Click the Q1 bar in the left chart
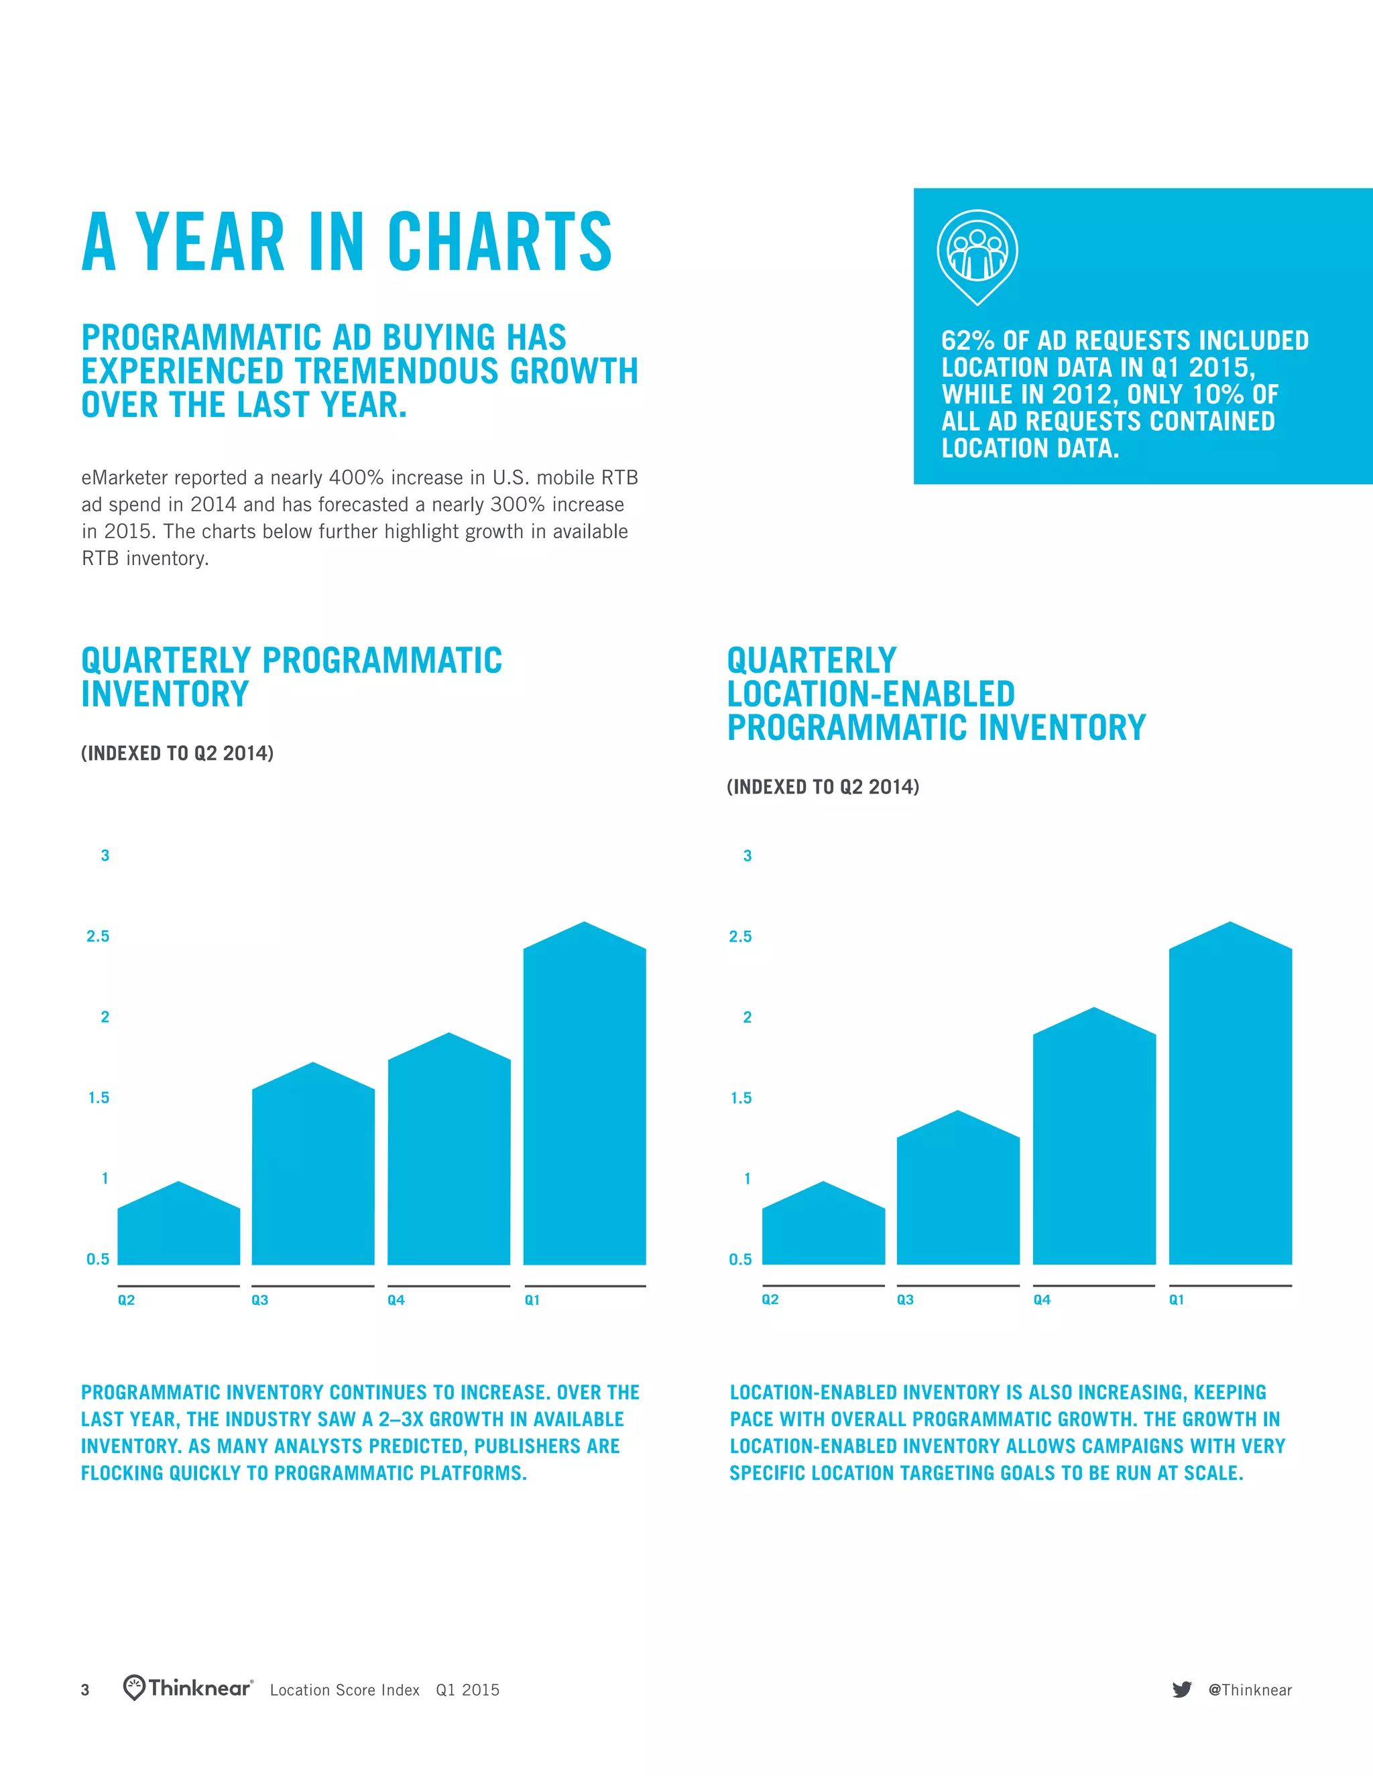pos(584,1106)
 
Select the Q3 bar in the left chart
pos(313,1171)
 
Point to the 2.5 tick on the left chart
pos(98,936)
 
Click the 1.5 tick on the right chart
pos(740,1098)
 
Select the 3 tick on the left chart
pos(105,855)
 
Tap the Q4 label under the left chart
pos(396,1300)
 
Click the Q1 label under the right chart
pos(1176,1299)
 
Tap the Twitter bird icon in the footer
pos(1182,1690)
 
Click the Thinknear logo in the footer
pos(188,1688)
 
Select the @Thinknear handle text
pos(1250,1690)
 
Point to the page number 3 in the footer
pos(85,1690)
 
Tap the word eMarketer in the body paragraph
pos(123,477)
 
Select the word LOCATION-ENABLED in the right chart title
pos(870,694)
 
